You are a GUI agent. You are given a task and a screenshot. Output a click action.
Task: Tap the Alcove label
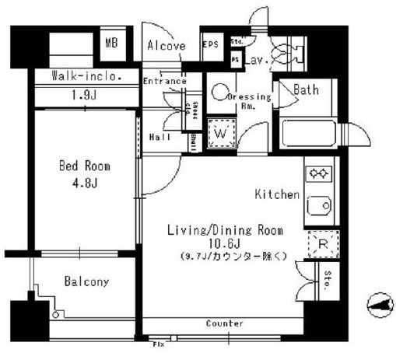166,46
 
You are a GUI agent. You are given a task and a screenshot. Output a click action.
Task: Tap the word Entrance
164,81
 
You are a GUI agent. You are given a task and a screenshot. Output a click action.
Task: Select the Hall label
159,137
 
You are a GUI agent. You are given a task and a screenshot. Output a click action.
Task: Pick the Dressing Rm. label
249,101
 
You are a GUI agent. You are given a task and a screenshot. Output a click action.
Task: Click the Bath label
306,90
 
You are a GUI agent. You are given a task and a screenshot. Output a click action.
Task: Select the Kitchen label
277,194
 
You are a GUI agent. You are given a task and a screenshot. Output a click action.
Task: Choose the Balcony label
86,281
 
